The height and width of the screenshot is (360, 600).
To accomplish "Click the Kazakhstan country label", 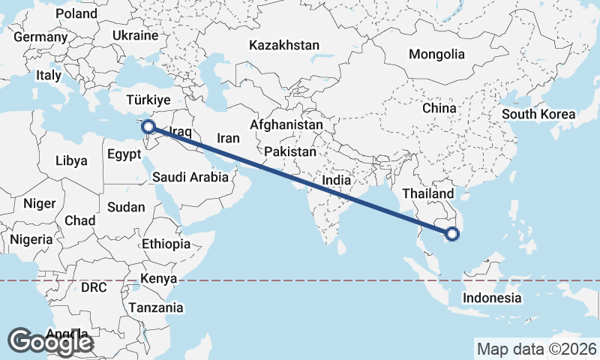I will (x=284, y=45).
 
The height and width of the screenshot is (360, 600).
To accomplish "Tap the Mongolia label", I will (x=436, y=54).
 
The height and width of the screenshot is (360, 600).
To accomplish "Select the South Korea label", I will (x=538, y=115).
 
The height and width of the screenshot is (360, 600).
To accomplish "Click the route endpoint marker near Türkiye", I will (x=149, y=127).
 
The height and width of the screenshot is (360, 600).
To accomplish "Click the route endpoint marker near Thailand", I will (x=452, y=234).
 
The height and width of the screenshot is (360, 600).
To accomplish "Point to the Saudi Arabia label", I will (x=190, y=178).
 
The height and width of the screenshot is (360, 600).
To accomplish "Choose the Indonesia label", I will (x=492, y=298).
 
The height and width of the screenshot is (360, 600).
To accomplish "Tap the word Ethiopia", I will (x=166, y=244).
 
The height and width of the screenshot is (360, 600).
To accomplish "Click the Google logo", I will (x=50, y=342).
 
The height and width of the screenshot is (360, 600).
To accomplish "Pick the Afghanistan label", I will (x=287, y=125).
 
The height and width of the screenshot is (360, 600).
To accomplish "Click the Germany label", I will (x=40, y=37).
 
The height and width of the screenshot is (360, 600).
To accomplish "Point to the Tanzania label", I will (x=156, y=307).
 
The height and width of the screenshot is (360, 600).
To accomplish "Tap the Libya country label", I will (x=72, y=160).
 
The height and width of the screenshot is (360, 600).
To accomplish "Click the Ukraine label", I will (x=135, y=35).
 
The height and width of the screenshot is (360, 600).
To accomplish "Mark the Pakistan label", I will (x=290, y=151).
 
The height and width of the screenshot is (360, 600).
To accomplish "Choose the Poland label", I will (x=76, y=13).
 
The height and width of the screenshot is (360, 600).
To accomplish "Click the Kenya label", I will (x=158, y=278).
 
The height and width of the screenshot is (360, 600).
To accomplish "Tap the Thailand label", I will (x=428, y=193).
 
